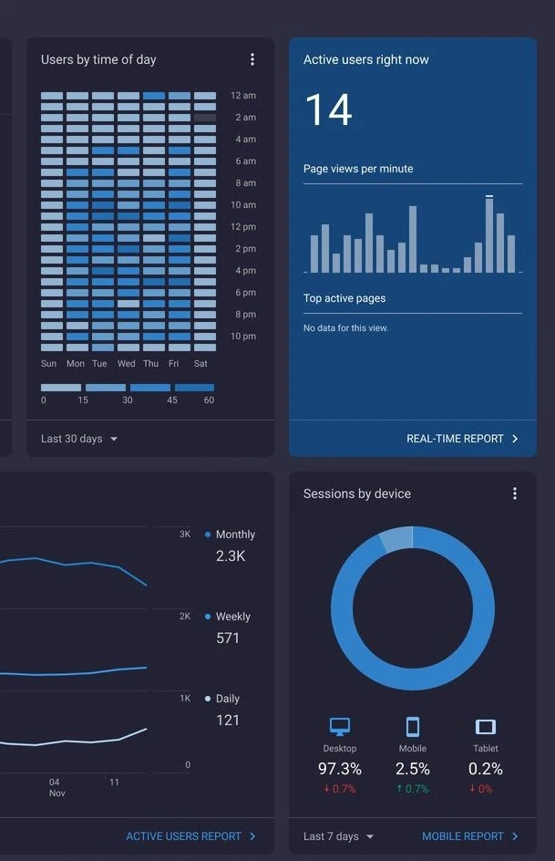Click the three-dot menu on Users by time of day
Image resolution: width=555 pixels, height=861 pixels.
point(252,59)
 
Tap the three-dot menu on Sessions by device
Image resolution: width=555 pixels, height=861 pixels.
point(514,493)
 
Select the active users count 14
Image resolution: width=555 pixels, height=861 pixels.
point(328,109)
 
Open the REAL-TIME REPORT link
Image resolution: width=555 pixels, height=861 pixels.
point(462,439)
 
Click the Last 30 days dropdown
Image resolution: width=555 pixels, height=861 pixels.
point(79,439)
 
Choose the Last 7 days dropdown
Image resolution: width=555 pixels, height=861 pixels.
point(338,836)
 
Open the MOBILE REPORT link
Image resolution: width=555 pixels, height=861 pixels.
point(470,836)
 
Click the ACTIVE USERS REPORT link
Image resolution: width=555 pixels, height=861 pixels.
point(190,836)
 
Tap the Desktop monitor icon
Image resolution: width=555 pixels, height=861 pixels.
point(340,726)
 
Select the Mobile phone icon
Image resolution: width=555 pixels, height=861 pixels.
point(413,726)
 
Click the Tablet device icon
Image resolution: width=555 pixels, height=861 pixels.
point(486,726)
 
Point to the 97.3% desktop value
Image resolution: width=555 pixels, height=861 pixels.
point(340,769)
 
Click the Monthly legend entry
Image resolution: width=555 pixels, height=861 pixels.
point(230,534)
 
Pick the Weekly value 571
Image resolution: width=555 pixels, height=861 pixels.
point(228,638)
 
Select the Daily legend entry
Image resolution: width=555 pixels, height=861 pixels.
point(222,699)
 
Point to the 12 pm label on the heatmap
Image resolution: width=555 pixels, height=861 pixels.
point(243,227)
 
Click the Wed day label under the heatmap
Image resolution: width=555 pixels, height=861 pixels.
point(126,364)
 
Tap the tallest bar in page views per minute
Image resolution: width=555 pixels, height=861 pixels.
point(489,234)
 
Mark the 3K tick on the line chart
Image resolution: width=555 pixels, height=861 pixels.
point(185,534)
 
